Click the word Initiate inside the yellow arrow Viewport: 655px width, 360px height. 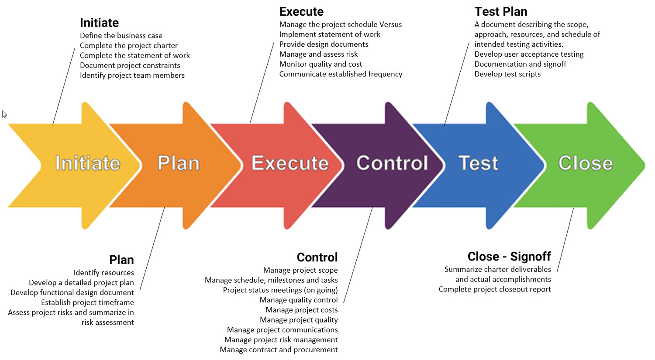88,163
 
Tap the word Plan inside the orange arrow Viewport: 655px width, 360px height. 178,163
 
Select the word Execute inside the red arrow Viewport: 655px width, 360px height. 290,163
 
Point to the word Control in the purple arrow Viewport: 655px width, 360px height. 392,163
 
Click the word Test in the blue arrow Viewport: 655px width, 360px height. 479,163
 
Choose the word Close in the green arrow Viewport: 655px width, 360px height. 586,163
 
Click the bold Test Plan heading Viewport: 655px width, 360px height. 501,12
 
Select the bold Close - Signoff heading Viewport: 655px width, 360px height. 509,257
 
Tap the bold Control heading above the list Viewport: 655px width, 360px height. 317,257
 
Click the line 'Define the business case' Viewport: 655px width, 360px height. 121,36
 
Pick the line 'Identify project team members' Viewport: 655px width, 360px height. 132,75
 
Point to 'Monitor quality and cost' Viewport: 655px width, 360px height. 321,64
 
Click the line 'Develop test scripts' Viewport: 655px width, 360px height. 507,74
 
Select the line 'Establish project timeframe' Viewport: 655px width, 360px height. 87,302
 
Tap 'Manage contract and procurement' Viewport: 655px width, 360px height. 279,350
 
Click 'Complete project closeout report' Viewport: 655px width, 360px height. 495,289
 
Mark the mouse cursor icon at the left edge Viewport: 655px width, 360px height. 4,114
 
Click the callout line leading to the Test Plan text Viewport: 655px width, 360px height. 457,84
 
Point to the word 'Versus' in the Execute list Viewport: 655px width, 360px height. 390,24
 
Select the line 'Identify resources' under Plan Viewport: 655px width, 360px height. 104,273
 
